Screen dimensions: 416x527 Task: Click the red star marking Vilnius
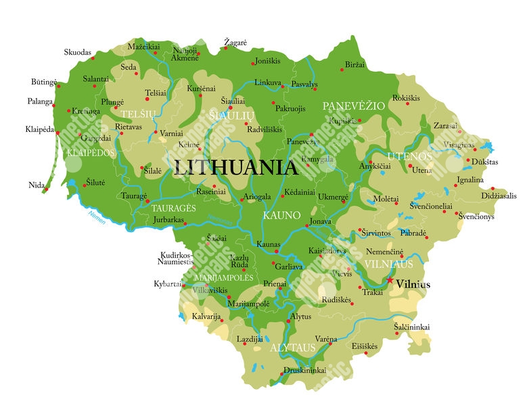tap(390, 280)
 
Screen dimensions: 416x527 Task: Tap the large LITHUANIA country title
tap(235, 168)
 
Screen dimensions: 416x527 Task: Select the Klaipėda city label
tap(39, 129)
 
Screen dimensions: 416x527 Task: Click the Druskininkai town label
tap(304, 371)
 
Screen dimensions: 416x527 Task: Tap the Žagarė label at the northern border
tap(235, 43)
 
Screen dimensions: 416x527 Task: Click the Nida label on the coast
tap(37, 185)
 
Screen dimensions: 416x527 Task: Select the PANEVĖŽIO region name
tap(353, 106)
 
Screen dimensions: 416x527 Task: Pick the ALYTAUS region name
tap(292, 348)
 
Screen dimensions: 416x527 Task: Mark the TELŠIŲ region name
tap(139, 114)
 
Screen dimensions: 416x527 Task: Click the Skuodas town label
tap(77, 52)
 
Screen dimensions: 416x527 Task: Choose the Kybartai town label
tap(168, 283)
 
